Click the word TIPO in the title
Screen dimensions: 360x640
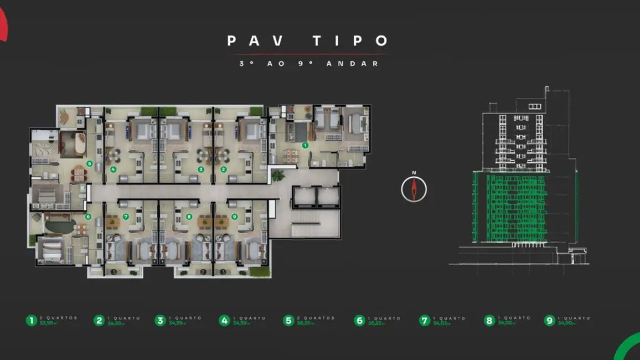(350, 41)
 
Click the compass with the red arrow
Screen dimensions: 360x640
(414, 189)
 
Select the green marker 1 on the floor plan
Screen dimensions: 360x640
(304, 145)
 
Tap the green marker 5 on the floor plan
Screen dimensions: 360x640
(90, 164)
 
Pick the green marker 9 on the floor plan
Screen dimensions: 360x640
(235, 217)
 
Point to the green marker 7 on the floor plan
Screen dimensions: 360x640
(126, 217)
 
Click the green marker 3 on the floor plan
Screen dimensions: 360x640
(201, 169)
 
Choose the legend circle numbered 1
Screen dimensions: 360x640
(32, 321)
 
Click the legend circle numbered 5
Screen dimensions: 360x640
(288, 321)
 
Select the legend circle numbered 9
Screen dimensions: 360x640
(549, 321)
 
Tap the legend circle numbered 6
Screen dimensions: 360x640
(360, 321)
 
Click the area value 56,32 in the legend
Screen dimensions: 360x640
(304, 323)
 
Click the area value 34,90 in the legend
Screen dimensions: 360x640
(565, 323)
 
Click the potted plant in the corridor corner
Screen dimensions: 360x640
(278, 176)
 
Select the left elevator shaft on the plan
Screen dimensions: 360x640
(304, 196)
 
